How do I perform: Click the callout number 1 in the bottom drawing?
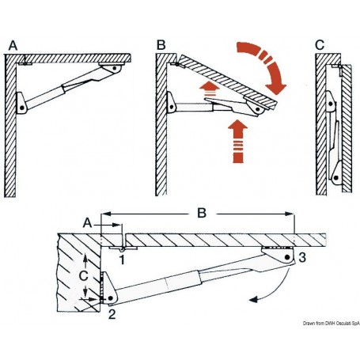(123, 257)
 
